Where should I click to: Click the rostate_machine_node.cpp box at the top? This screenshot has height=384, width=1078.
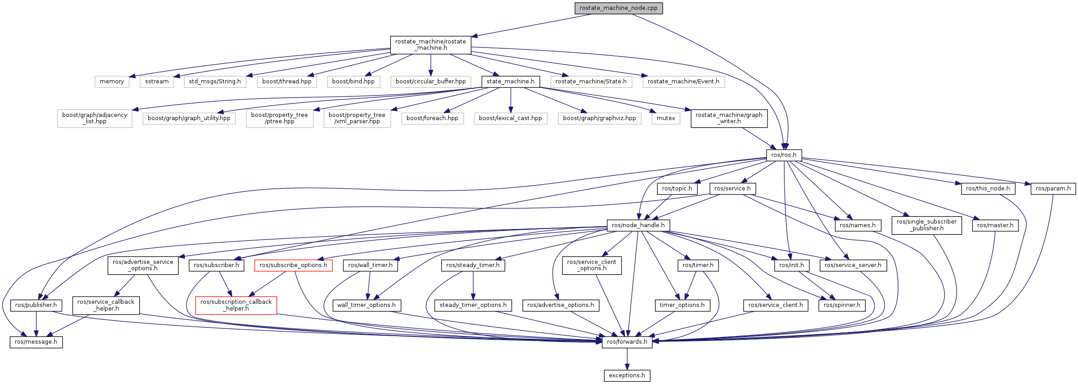click(618, 8)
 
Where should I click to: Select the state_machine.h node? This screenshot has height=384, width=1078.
click(510, 82)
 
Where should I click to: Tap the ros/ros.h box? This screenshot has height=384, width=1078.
click(783, 155)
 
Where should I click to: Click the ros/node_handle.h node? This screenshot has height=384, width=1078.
click(638, 225)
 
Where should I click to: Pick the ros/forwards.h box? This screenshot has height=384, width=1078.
click(627, 342)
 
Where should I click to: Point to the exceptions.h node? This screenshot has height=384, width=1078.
click(627, 375)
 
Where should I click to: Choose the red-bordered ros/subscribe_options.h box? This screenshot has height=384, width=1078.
click(293, 265)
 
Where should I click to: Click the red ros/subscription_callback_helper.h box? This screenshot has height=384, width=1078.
click(236, 305)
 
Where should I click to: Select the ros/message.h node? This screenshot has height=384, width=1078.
click(36, 342)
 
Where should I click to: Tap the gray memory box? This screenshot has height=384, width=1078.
click(112, 82)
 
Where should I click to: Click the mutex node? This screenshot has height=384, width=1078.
click(666, 118)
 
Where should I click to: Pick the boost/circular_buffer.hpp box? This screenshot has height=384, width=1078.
click(431, 82)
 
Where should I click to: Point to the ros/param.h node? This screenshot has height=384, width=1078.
click(1053, 189)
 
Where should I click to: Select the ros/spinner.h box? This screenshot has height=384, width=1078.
click(842, 305)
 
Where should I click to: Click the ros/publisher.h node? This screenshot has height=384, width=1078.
click(36, 305)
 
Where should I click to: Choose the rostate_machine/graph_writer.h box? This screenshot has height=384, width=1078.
click(729, 118)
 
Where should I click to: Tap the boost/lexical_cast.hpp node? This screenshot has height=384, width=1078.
click(510, 118)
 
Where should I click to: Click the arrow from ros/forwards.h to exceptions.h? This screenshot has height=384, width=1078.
click(627, 358)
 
